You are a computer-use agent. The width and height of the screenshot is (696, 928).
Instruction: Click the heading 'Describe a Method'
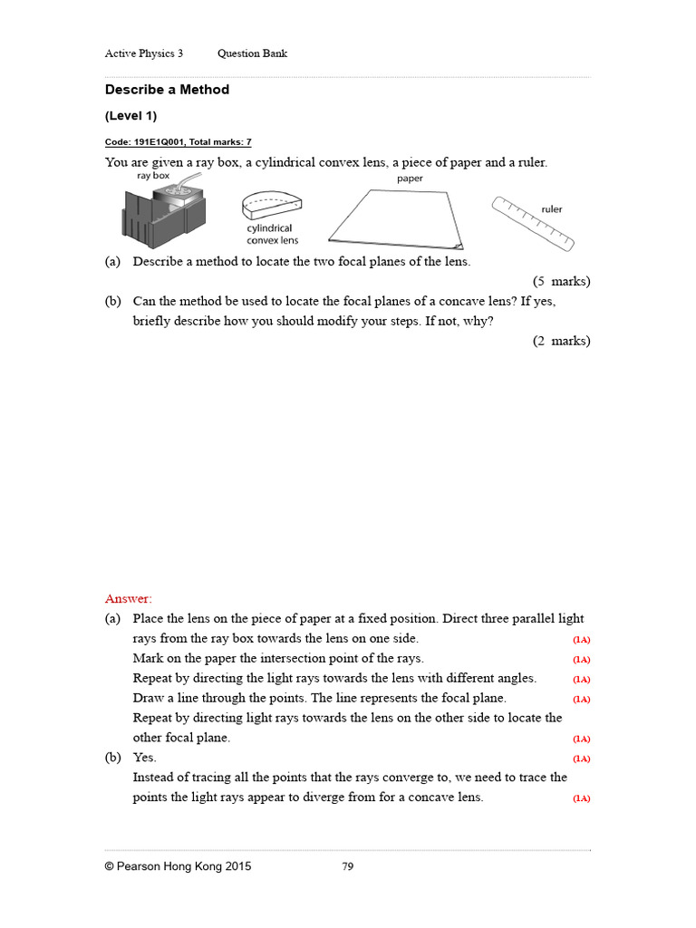point(167,90)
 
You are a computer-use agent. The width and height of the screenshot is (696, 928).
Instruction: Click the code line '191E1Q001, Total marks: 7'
point(178,142)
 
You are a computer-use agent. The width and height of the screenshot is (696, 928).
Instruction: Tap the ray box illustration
point(162,215)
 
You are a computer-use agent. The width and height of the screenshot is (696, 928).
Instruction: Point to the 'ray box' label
point(153,176)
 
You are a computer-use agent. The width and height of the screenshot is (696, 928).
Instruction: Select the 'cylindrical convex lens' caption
point(272,235)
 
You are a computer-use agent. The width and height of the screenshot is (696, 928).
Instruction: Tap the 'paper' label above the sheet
point(410,179)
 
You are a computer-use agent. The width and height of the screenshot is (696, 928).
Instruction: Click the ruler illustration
point(533,223)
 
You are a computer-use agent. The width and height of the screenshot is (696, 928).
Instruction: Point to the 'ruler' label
point(551,209)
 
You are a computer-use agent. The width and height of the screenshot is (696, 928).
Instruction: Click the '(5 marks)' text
point(561,281)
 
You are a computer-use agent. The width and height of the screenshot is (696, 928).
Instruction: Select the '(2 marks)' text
point(561,341)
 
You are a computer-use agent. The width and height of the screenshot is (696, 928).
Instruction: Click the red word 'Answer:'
point(129,598)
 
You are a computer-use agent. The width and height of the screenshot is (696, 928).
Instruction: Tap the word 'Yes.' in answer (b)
point(145,758)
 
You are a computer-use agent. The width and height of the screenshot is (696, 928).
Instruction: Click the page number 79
point(347,866)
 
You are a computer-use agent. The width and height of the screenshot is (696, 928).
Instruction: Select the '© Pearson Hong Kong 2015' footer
point(179,866)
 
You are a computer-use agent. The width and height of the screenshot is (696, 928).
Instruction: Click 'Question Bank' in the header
point(252,53)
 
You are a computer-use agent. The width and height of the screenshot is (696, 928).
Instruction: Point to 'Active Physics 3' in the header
point(144,53)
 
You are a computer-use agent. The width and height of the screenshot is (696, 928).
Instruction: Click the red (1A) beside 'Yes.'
point(581,759)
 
